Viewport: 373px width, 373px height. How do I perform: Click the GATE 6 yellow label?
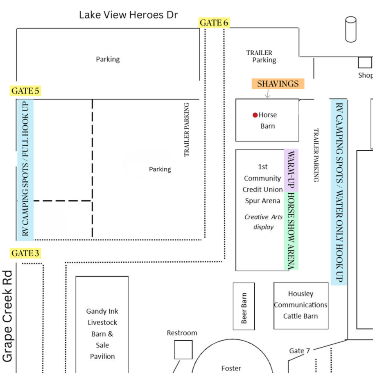(214, 23)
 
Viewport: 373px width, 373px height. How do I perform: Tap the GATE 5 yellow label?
(25, 91)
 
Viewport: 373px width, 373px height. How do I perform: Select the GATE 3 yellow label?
(25, 253)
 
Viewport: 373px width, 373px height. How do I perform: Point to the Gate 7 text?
(299, 350)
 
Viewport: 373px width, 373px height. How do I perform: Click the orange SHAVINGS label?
(278, 84)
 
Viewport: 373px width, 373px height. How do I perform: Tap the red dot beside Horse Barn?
(255, 115)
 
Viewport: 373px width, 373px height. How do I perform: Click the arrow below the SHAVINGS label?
(268, 93)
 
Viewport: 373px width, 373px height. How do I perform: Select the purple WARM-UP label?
(291, 170)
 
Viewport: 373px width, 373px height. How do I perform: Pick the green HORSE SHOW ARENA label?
(291, 231)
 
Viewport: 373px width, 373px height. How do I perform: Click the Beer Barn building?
(244, 306)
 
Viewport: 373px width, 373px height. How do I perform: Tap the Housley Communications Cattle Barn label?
(301, 305)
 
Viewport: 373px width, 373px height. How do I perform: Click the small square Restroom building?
(183, 349)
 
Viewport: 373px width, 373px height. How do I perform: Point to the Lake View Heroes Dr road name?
(129, 15)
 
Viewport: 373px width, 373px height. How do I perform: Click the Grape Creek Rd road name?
(8, 316)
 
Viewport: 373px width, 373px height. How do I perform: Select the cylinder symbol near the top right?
(351, 29)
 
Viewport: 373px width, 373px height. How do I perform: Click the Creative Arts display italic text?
(264, 222)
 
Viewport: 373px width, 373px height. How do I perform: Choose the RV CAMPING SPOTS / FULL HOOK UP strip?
(25, 170)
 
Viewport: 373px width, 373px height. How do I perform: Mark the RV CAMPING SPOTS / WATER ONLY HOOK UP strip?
(339, 192)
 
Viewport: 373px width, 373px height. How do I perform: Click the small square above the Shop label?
(365, 62)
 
